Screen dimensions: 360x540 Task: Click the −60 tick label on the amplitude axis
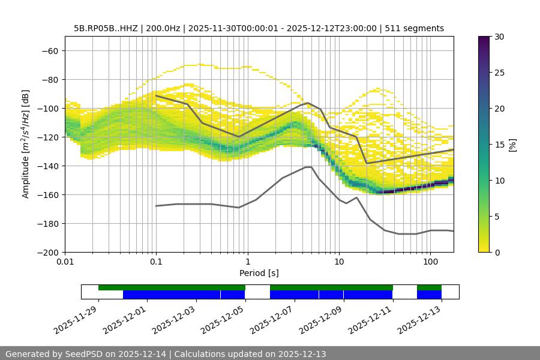(x=50, y=50)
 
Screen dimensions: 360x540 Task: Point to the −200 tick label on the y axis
(x=47, y=252)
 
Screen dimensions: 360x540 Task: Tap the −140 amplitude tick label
(x=47, y=166)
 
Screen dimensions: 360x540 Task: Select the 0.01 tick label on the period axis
(x=65, y=262)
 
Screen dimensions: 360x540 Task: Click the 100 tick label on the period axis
(x=430, y=262)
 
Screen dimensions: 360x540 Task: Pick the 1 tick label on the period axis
(x=247, y=262)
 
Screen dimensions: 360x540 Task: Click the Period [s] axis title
(x=259, y=273)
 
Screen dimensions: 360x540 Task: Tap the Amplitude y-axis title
(x=26, y=144)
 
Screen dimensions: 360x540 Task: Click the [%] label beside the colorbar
(x=512, y=145)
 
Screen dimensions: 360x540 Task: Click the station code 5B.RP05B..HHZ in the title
(x=106, y=28)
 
